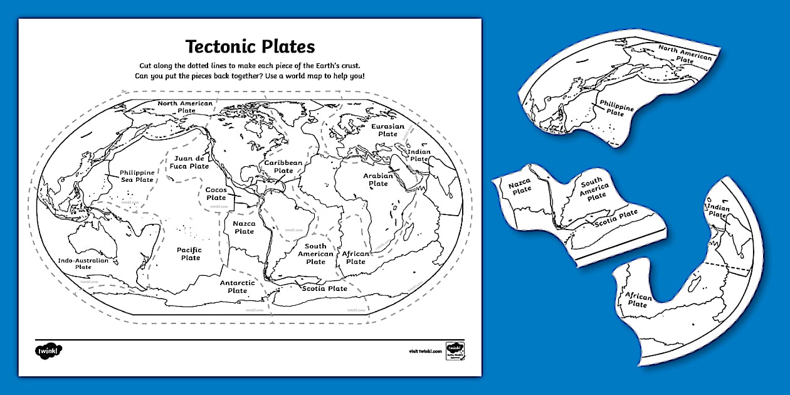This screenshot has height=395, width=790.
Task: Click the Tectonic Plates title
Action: [x=250, y=47]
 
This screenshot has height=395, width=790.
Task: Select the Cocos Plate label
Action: [x=216, y=194]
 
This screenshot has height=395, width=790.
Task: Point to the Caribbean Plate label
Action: [x=283, y=167]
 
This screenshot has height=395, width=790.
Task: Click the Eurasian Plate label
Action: [x=387, y=130]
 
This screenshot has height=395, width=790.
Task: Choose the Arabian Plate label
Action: [x=378, y=180]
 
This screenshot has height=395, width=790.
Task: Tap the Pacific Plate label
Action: [x=190, y=254]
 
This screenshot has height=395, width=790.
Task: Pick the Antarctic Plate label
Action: [x=238, y=287]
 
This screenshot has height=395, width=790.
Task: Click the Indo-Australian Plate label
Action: [x=83, y=263]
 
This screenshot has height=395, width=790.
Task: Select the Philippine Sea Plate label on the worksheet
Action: [x=137, y=176]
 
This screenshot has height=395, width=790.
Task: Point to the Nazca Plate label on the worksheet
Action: [x=245, y=227]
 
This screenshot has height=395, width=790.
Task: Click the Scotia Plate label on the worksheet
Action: [x=324, y=288]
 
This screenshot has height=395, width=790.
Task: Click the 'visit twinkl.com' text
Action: [x=424, y=352]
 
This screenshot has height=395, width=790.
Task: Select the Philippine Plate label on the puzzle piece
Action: [x=616, y=108]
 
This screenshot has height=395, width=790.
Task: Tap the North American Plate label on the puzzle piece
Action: [x=685, y=55]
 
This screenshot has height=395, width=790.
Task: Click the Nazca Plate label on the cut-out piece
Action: [x=520, y=187]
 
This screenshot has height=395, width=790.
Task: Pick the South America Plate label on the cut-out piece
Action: [x=594, y=190]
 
